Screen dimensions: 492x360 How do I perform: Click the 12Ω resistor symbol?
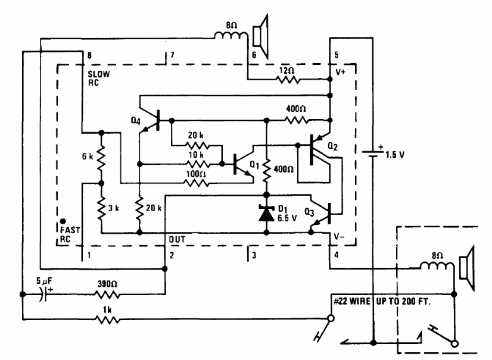(288, 80)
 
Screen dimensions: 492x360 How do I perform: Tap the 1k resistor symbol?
(107, 320)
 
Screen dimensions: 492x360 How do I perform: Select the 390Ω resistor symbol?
(107, 295)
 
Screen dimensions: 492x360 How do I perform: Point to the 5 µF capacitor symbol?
(44, 294)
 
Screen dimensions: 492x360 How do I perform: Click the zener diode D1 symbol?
(266, 214)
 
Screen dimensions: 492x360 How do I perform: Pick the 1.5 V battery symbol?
(373, 154)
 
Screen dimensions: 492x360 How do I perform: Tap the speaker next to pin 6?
(261, 36)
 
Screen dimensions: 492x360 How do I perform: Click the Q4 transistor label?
(136, 121)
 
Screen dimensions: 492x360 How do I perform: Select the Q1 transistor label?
(254, 164)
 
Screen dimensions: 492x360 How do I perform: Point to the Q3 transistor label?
(309, 212)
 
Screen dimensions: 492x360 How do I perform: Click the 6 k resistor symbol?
(101, 158)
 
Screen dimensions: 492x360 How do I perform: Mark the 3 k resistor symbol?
(101, 208)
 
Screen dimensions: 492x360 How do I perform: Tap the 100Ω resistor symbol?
(197, 183)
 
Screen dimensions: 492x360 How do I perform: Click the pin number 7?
(172, 55)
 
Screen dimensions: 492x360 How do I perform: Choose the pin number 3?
(254, 255)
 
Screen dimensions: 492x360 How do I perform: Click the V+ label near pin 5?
(341, 72)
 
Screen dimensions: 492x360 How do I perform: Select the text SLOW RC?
(98, 79)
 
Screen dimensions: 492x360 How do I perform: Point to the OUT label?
(177, 240)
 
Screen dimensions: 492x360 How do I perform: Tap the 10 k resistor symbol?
(197, 164)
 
